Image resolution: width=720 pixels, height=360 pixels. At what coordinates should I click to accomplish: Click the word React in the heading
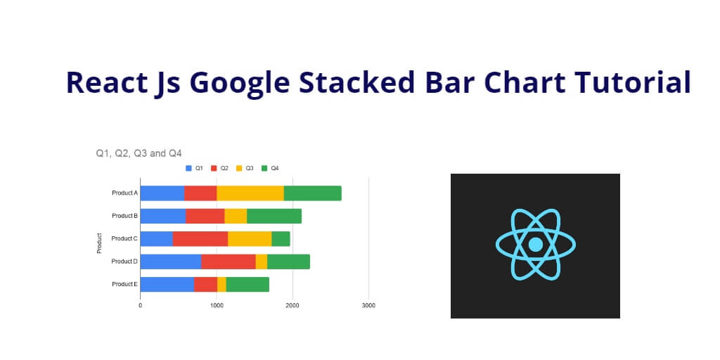click(103, 83)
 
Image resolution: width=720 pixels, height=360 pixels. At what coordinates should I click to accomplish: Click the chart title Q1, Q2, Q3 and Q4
click(139, 153)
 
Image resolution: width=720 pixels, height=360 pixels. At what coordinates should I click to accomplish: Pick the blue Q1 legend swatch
click(188, 169)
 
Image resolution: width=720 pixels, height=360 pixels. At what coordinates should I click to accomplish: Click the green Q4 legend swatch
click(264, 169)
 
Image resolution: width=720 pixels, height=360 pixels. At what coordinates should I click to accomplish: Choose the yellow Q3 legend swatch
click(239, 169)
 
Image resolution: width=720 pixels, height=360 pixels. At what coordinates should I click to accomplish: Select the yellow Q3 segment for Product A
click(250, 193)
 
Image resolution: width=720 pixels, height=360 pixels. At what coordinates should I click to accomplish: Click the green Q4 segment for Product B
click(274, 216)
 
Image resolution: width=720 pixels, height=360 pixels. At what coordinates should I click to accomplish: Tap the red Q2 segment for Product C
click(200, 239)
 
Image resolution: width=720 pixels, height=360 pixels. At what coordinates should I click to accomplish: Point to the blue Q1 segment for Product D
click(171, 262)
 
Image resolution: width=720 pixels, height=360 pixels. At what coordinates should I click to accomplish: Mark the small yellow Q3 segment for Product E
click(221, 284)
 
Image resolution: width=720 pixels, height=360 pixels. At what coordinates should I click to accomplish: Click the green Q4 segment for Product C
click(281, 239)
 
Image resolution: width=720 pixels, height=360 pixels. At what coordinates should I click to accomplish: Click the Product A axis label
click(125, 193)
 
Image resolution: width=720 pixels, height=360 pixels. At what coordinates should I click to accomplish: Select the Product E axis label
click(125, 284)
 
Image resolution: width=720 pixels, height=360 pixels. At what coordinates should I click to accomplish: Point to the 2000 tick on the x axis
click(292, 305)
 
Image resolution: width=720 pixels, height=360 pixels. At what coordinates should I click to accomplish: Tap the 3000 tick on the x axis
click(368, 305)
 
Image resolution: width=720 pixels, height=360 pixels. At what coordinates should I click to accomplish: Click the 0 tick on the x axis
click(141, 305)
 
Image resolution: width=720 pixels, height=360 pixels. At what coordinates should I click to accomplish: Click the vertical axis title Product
click(99, 243)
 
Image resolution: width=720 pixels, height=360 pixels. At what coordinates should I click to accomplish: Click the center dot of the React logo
click(535, 244)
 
